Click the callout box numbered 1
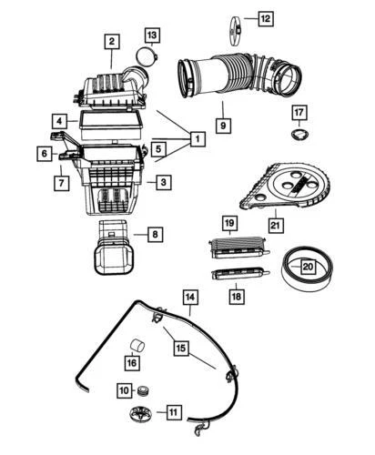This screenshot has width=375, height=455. pos(196,139)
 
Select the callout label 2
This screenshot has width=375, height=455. pos(111,41)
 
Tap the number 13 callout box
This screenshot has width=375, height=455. pos(150,35)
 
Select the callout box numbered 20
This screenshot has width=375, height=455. pos(308,267)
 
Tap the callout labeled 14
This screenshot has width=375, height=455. pos(189,298)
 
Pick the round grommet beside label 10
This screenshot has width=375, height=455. pos(142,391)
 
